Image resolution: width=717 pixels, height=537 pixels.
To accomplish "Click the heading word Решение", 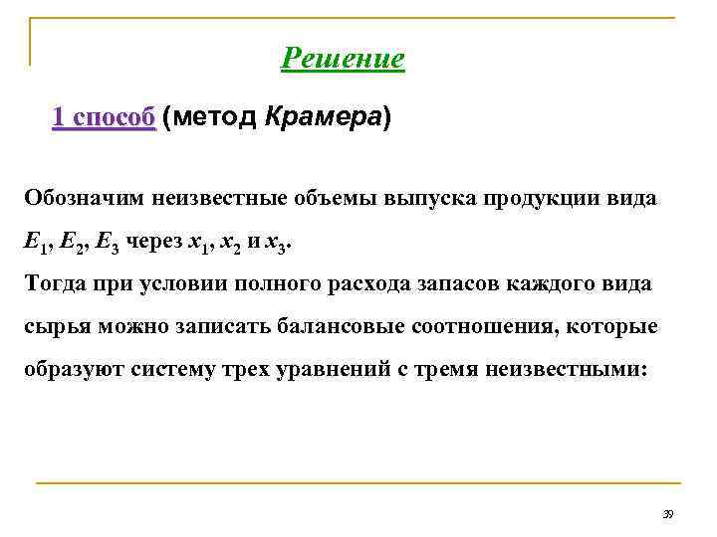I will coord(344,59).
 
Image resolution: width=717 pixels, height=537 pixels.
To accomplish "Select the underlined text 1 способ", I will coord(104,118).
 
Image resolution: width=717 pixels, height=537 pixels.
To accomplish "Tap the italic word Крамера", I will coord(324,118).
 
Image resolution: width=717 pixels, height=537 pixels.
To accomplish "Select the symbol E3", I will coord(110,241).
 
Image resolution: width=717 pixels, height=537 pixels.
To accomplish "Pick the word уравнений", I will coord(328,369).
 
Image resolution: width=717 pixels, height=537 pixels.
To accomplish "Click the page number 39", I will coord(668,513).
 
